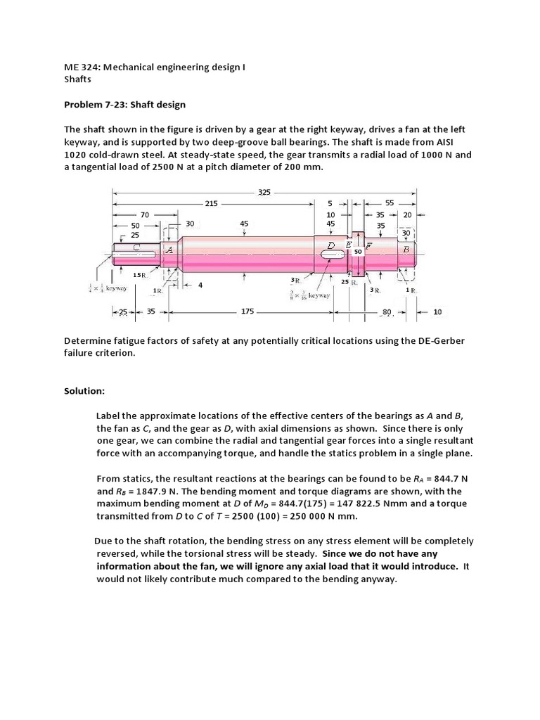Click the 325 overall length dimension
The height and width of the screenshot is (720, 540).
[264, 191]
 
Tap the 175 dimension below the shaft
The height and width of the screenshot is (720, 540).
[247, 311]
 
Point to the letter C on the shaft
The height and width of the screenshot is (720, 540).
[136, 247]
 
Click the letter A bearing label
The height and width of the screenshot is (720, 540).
[169, 250]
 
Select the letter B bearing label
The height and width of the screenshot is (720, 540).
[406, 248]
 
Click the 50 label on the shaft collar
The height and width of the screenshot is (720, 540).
[357, 251]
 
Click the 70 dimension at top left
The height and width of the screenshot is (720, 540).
[146, 214]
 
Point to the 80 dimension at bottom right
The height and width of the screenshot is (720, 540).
[386, 311]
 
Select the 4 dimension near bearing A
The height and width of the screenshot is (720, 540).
[200, 285]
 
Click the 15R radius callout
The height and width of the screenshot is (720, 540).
[139, 275]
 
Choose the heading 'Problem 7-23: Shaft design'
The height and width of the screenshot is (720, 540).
[125, 105]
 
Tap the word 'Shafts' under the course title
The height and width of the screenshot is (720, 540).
[78, 79]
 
